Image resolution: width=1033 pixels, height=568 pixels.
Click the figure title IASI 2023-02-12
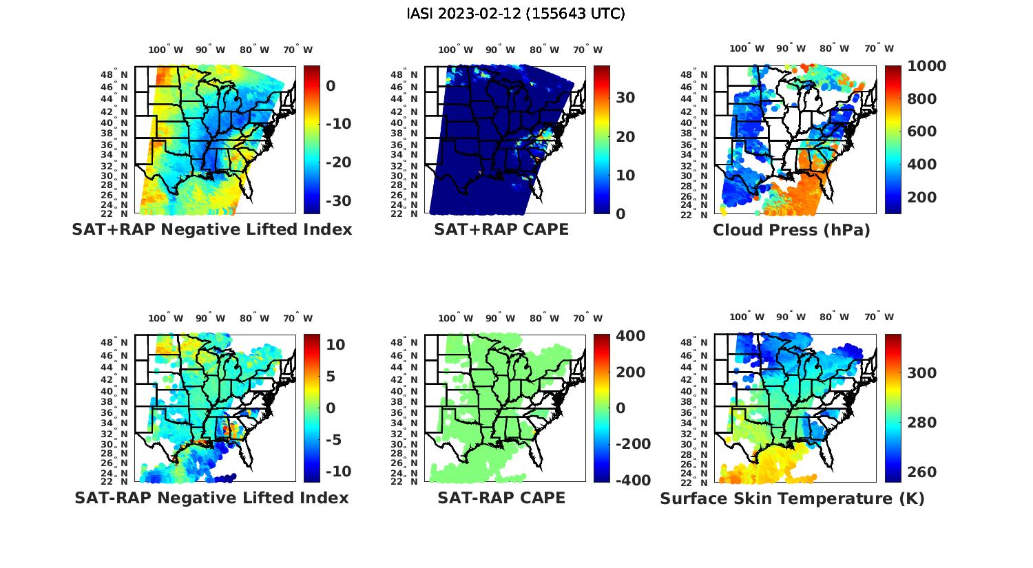pos(516,14)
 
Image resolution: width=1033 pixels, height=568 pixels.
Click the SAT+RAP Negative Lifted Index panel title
pos(212,229)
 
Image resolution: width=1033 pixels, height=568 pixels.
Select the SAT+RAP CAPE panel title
pos(501,229)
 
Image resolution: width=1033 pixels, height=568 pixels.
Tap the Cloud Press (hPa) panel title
pos(791,230)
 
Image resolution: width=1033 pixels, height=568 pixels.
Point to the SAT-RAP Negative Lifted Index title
pos(212,498)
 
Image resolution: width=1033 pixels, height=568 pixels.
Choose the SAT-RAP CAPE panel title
pos(501,498)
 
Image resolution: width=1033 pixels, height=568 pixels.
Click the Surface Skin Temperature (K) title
pos(792,498)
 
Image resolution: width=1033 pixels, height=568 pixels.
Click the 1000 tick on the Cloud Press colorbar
pos(926,66)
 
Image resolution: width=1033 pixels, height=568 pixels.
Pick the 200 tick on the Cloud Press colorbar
pos(922,198)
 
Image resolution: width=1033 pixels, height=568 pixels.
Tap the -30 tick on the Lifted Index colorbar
pos(338,201)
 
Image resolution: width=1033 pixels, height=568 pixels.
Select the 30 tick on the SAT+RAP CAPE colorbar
pos(625,98)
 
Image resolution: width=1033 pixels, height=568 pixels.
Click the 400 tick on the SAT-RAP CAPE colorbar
pos(631,336)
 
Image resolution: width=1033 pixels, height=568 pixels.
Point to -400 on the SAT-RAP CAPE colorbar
pos(631,480)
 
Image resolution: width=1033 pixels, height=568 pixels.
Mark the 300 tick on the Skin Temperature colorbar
pos(922,372)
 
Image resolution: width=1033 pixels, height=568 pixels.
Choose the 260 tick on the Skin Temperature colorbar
pos(922,472)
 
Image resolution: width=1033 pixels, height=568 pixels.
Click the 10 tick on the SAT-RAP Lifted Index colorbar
pos(335,344)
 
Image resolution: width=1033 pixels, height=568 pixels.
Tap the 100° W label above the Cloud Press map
pos(747,49)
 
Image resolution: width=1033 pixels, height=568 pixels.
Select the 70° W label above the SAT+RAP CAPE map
pos(587,50)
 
